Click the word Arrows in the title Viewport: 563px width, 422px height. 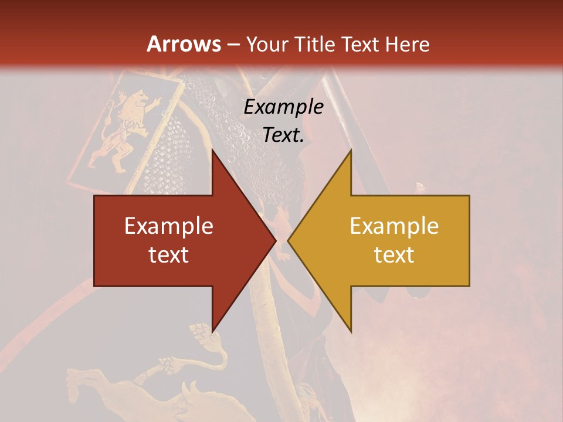pos(184,45)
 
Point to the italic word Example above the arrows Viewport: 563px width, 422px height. pos(284,107)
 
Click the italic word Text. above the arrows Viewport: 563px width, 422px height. pos(284,135)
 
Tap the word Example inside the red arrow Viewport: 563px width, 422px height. pos(169,226)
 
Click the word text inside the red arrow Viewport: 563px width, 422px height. pos(169,255)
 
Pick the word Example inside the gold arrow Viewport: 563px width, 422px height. pos(394,226)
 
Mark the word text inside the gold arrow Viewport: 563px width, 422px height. pos(394,255)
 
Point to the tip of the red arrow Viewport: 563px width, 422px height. pos(274,241)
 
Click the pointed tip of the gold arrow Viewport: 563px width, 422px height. pos(290,241)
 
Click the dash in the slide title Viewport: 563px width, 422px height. pos(233,45)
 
